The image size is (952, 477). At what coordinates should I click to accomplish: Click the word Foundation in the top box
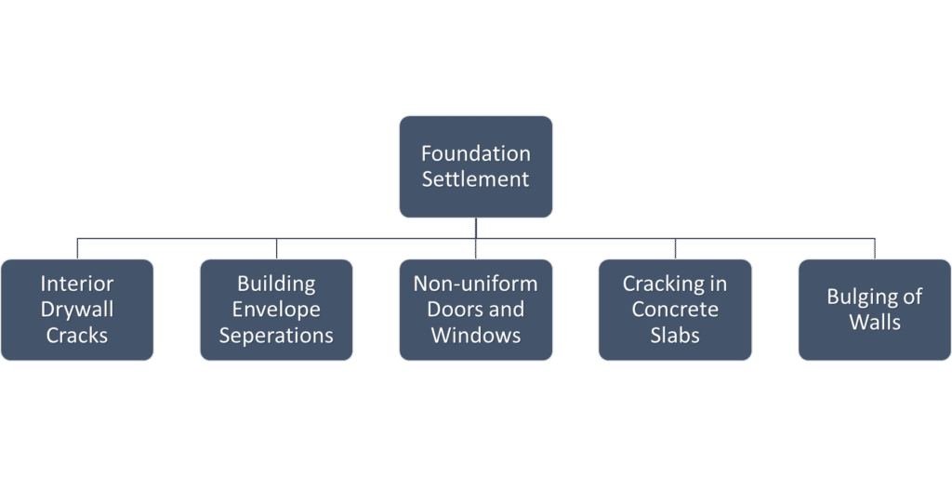pyautogui.click(x=476, y=153)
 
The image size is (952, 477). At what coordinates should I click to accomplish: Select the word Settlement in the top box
pyautogui.click(x=476, y=179)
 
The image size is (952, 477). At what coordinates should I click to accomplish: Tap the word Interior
pyautogui.click(x=77, y=284)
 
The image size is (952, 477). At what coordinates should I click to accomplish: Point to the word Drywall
pyautogui.click(x=77, y=309)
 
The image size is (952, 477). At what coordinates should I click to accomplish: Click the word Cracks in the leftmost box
pyautogui.click(x=77, y=335)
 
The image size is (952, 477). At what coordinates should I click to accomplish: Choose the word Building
pyautogui.click(x=276, y=284)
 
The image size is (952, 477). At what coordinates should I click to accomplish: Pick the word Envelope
pyautogui.click(x=276, y=309)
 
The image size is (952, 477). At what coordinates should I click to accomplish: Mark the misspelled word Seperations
pyautogui.click(x=276, y=335)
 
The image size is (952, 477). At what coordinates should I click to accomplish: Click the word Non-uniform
pyautogui.click(x=476, y=284)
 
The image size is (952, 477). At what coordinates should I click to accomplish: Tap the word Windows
pyautogui.click(x=476, y=335)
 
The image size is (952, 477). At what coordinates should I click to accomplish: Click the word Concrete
pyautogui.click(x=675, y=309)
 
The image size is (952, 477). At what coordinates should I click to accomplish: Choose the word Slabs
pyautogui.click(x=675, y=335)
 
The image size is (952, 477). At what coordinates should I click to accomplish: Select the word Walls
pyautogui.click(x=875, y=323)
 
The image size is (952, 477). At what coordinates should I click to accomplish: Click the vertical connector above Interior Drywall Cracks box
pyautogui.click(x=77, y=248)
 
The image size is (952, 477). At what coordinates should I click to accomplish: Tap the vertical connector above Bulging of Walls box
pyautogui.click(x=875, y=248)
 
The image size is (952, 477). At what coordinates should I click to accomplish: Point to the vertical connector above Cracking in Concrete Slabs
pyautogui.click(x=675, y=248)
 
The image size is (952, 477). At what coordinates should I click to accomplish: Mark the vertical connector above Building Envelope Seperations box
pyautogui.click(x=276, y=248)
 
